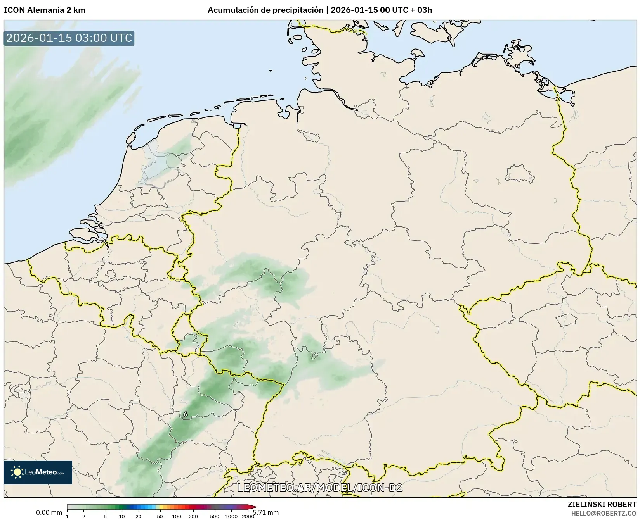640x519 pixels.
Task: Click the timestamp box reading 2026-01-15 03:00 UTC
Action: pos(69,38)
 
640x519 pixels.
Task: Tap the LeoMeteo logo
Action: pos(38,472)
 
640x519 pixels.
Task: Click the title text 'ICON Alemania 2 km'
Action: pos(45,10)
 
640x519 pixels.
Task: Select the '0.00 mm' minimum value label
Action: pos(49,512)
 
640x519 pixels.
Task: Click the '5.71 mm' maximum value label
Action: pos(266,512)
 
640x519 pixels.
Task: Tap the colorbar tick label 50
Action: pos(160,516)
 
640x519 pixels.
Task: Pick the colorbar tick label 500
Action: pos(214,516)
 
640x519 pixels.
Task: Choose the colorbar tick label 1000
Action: pos(231,516)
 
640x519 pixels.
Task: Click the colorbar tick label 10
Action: pos(122,516)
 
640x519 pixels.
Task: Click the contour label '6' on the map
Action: pos(186,414)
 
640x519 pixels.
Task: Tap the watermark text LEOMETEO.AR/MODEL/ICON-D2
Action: pos(320,488)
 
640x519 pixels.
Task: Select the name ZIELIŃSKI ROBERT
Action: pos(602,504)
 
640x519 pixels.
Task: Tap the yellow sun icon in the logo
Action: pos(17,472)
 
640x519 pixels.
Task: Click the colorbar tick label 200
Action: pos(193,516)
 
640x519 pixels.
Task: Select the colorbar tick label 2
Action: pos(84,516)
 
